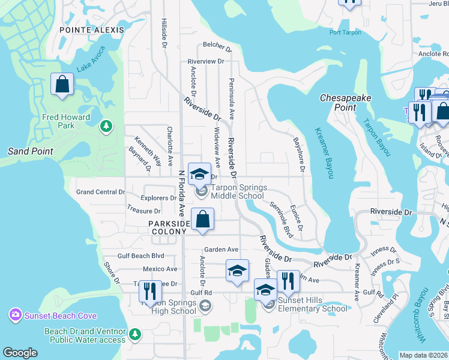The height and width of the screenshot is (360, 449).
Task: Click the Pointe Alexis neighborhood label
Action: click(x=92, y=29)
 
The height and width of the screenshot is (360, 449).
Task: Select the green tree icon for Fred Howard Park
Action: click(x=106, y=125)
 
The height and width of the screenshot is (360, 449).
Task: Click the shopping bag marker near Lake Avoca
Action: click(x=62, y=86)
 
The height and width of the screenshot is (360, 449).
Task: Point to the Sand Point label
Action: click(x=31, y=151)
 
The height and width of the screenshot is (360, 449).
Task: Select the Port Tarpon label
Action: click(x=346, y=32)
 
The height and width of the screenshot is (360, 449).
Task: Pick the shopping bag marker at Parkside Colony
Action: click(x=203, y=221)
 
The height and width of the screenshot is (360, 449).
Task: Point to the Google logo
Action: click(x=20, y=353)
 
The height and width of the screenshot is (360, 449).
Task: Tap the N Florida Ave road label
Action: click(x=181, y=193)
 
